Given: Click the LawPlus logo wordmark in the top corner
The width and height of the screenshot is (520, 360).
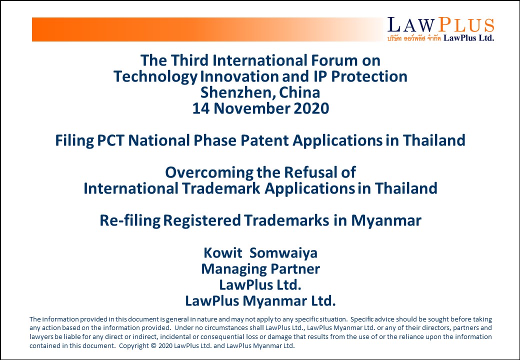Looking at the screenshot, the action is pos(440,25).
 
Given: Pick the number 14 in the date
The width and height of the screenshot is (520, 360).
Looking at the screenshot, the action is pos(201,108).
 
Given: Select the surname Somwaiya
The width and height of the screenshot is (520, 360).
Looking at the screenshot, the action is pos(283,253).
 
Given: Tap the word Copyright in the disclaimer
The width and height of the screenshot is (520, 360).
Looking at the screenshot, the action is pos(134,345).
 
